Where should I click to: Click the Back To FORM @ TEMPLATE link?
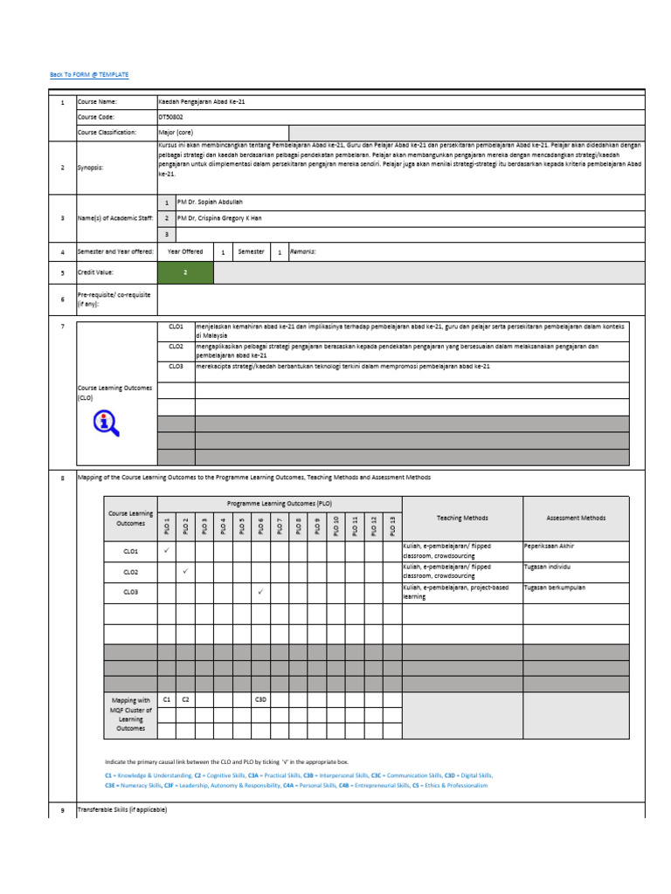point(89,75)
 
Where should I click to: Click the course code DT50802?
point(171,116)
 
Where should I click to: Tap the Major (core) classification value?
point(176,132)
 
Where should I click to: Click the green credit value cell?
point(185,272)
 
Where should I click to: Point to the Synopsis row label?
point(91,168)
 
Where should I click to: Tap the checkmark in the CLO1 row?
point(166,551)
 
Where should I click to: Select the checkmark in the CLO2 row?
point(185,571)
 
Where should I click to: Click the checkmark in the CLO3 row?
point(260,592)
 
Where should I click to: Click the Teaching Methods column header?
point(462,518)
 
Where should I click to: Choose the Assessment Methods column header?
point(576,518)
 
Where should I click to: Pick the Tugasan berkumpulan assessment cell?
point(555,588)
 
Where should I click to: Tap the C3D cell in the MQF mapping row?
point(260,699)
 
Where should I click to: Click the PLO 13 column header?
point(392,526)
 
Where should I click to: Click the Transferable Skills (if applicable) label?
point(122,810)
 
